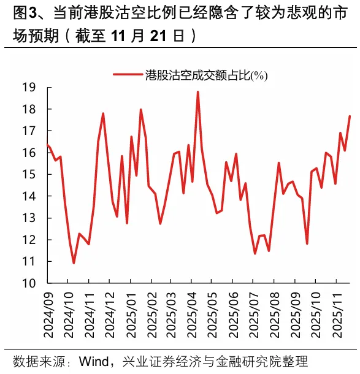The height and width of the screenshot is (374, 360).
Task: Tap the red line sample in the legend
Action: click(x=128, y=75)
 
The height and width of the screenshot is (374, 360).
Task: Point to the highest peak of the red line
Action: click(x=197, y=92)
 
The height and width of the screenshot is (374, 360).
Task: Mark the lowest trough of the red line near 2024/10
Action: click(x=74, y=263)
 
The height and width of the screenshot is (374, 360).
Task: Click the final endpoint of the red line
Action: click(x=350, y=116)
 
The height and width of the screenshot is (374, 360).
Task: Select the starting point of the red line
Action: click(x=47, y=145)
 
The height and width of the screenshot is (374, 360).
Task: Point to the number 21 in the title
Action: click(x=158, y=36)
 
